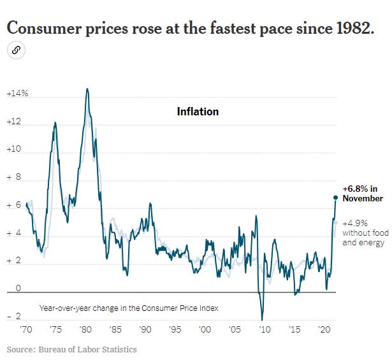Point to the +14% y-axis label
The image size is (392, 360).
coord(17,94)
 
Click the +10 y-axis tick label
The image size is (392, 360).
coord(15,150)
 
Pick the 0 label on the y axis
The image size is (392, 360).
coord(19,289)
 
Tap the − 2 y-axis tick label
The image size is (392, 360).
coord(15,317)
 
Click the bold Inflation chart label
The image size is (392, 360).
coord(198,112)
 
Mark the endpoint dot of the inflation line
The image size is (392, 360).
coord(336,197)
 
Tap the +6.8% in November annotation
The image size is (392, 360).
coord(362,193)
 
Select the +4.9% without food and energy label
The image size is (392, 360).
coord(363,233)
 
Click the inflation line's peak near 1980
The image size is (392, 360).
coord(87,89)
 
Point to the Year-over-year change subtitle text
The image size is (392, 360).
coord(129,308)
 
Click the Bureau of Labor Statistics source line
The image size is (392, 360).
coord(71,349)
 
